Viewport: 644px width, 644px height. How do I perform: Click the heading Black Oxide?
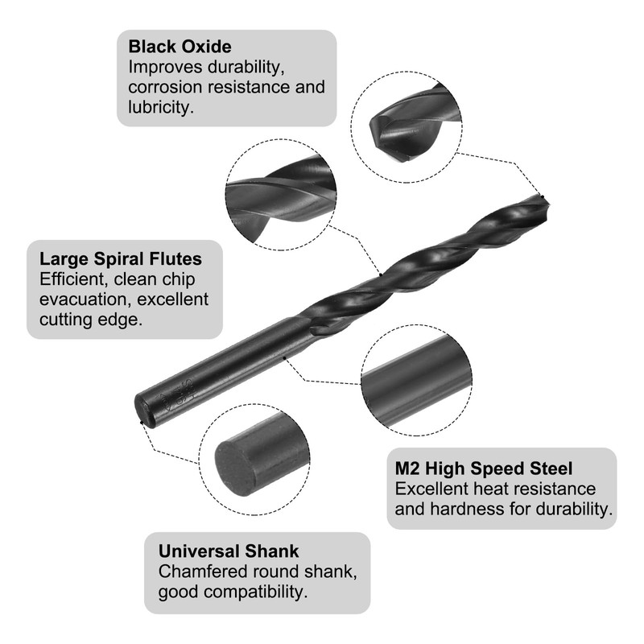tap(180, 47)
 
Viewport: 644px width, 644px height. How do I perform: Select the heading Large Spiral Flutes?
tap(121, 259)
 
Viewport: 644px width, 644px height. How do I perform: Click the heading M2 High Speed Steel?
tap(484, 469)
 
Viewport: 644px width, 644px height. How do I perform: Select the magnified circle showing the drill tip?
tap(407, 121)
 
